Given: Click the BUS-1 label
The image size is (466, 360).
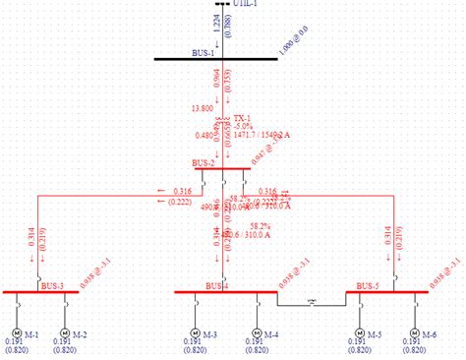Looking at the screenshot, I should [x=204, y=52].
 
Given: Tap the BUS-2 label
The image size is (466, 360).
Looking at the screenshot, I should [x=204, y=162].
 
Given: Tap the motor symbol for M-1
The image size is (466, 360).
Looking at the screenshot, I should [x=18, y=331].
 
